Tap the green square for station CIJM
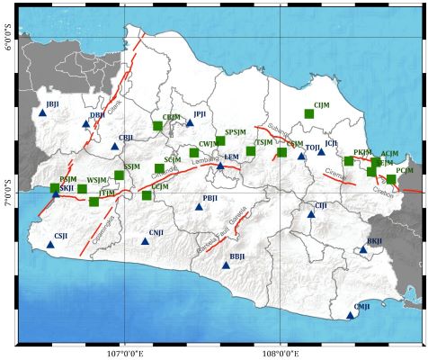coord(309,113)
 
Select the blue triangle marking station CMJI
coord(351,315)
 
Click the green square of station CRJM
coord(157,126)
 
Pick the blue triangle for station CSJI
coord(50,244)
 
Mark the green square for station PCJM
coord(391,179)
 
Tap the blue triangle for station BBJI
coord(226,265)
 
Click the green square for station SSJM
coord(119,175)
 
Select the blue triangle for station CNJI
coord(145,241)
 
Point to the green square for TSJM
coord(251,151)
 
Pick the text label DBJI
coord(97,115)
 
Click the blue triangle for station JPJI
coord(190,122)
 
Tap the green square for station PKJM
coord(349,161)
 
